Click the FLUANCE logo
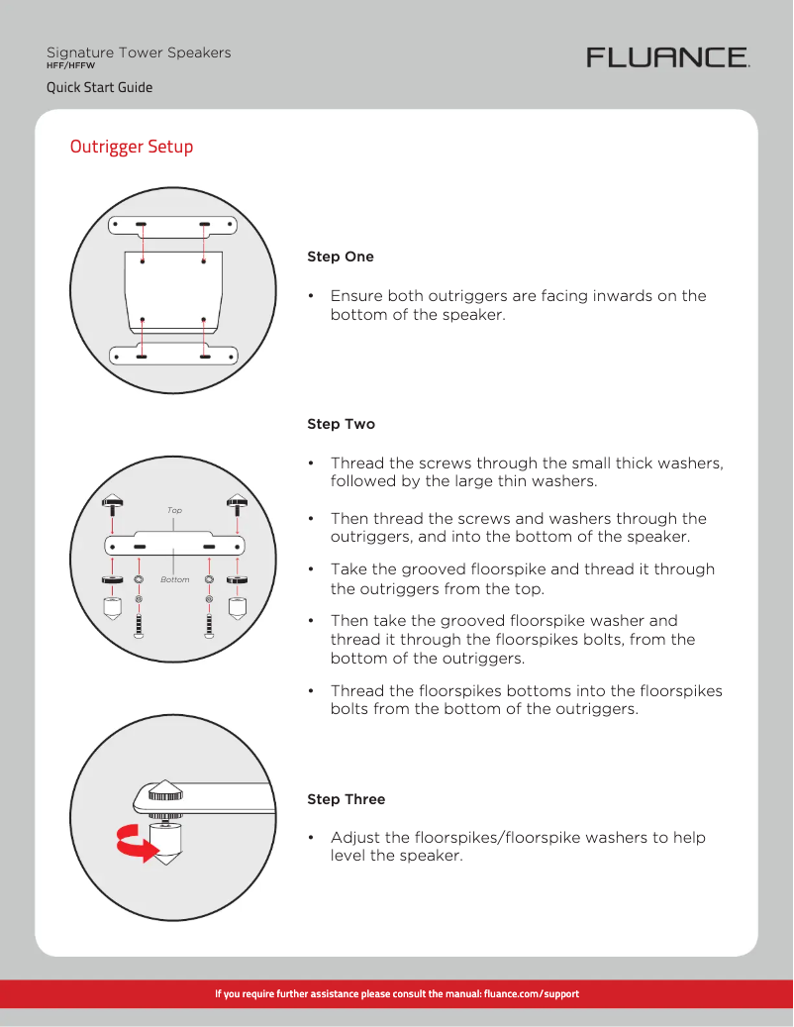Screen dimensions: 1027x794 pos(668,57)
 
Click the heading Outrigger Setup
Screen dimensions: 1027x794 pos(132,147)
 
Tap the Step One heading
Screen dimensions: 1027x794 pos(341,257)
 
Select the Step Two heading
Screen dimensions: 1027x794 pos(341,424)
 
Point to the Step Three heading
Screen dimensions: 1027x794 pos(346,799)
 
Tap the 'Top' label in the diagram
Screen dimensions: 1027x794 pos(174,511)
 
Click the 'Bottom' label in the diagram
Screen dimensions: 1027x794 pos(174,579)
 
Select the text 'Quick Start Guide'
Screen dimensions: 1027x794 pos(100,87)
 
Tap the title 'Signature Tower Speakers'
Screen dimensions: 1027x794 pos(139,52)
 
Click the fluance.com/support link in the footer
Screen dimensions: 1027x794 pos(531,993)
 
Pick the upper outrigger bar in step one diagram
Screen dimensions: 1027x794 pos(173,226)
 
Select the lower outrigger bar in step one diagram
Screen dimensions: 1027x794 pos(173,356)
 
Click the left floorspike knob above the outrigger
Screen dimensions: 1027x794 pos(112,501)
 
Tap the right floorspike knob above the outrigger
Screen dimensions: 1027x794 pos(237,501)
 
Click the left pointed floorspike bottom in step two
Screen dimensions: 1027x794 pos(112,607)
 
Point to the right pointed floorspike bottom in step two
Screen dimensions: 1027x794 pos(237,607)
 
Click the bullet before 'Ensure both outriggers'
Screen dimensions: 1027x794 pos(311,296)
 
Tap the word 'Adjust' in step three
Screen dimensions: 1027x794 pos(353,838)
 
